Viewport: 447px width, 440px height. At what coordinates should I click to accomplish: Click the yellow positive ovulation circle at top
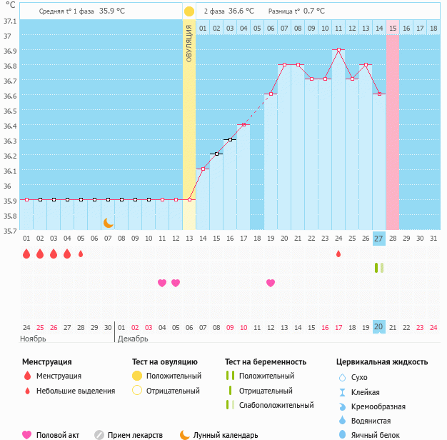tap(189, 11)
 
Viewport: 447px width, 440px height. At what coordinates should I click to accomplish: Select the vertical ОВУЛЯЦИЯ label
tap(189, 43)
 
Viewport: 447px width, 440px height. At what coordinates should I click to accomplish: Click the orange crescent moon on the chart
tap(109, 223)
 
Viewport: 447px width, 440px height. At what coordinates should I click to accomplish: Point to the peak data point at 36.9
tap(338, 50)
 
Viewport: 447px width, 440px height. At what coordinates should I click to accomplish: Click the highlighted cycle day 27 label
tap(379, 238)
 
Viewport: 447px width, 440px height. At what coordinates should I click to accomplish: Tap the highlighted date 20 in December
tap(379, 326)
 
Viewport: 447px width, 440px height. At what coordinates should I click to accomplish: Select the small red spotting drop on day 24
tap(338, 254)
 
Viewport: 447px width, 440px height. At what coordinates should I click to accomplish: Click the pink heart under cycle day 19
tap(271, 283)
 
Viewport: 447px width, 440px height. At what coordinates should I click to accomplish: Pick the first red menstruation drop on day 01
tap(26, 254)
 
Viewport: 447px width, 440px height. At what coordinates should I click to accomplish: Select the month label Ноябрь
tap(33, 338)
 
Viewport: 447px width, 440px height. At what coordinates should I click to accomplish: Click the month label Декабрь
tap(133, 338)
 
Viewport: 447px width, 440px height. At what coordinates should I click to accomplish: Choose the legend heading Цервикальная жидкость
tap(382, 362)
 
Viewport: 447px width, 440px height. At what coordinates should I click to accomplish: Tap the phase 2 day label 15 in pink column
tap(393, 28)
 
